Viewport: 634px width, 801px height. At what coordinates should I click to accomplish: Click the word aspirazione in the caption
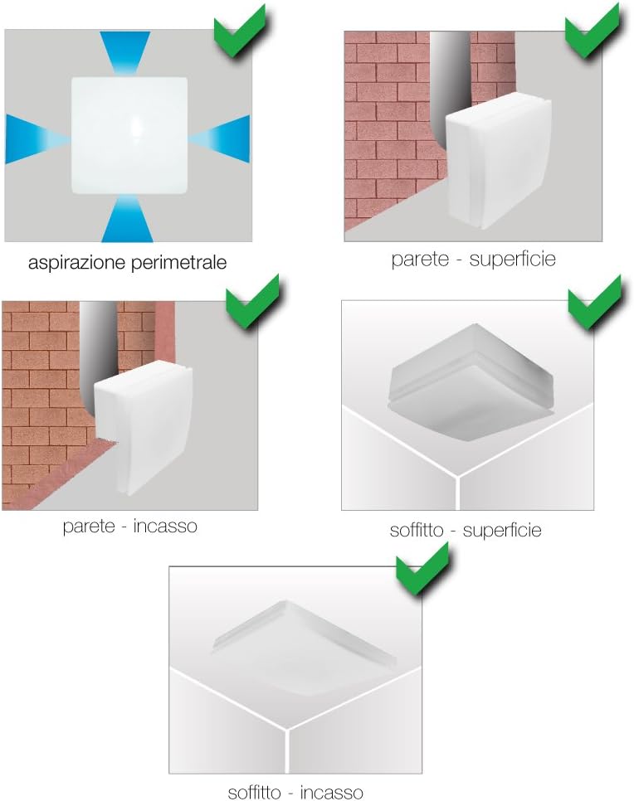[77, 263]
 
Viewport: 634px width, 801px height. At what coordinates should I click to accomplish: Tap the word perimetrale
[179, 262]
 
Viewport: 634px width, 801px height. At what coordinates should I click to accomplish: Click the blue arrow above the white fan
[124, 52]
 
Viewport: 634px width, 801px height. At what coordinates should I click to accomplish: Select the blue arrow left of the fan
[37, 139]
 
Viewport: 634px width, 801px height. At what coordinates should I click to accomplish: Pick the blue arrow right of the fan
[220, 138]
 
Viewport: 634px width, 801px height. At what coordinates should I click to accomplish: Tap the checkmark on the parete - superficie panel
[593, 30]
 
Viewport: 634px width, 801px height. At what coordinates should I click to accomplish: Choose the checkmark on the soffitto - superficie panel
[596, 303]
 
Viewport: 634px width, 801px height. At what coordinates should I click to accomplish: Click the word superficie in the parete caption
[512, 260]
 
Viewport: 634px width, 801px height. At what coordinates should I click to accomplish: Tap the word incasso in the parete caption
[165, 527]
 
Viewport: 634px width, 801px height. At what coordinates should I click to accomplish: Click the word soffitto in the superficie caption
[417, 530]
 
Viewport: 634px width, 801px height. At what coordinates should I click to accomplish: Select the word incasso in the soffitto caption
[331, 793]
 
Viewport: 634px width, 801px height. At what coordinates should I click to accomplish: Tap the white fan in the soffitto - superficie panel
[471, 381]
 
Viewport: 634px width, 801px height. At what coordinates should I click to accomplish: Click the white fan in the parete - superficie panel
[499, 161]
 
